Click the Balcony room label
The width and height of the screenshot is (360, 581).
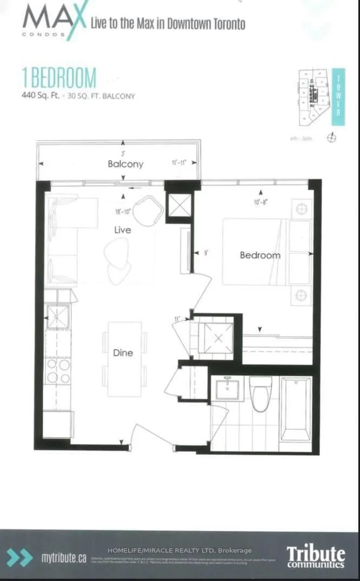pyautogui.click(x=125, y=164)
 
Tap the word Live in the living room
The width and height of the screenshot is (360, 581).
pyautogui.click(x=123, y=230)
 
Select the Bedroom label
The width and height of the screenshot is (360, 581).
pyautogui.click(x=260, y=255)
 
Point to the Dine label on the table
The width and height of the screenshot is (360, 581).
pyautogui.click(x=123, y=353)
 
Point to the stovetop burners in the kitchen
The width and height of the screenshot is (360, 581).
pyautogui.click(x=58, y=371)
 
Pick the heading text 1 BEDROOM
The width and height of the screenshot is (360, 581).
pyautogui.click(x=59, y=78)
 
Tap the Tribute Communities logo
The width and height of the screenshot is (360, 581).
pyautogui.click(x=316, y=556)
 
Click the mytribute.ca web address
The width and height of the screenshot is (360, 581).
pyautogui.click(x=64, y=558)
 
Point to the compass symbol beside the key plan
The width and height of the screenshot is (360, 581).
pyautogui.click(x=332, y=138)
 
